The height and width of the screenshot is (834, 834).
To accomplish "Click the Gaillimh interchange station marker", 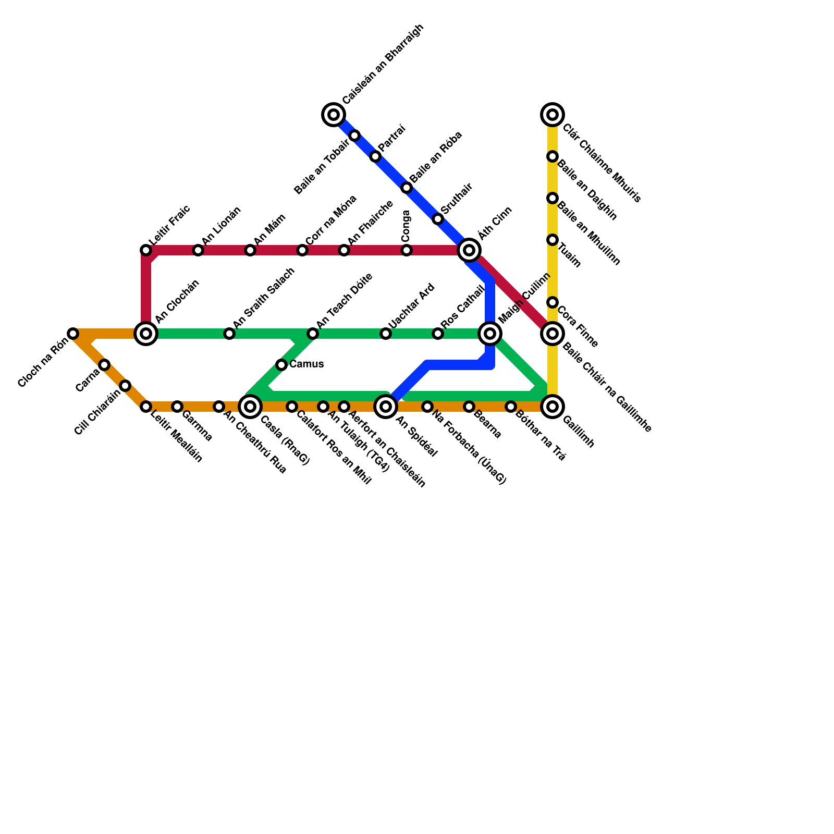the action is [553, 407].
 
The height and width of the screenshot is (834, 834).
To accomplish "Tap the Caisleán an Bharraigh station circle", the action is [334, 115].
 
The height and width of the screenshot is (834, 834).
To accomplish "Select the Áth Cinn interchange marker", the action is [469, 250].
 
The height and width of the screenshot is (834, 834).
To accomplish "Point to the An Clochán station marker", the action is [146, 334].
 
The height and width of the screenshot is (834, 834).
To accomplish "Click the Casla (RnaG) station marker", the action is [250, 407].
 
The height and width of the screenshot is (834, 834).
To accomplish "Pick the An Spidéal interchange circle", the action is [386, 407].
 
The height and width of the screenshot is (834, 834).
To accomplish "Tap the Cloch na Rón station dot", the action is [73, 334].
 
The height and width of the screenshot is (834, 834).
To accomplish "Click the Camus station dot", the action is [281, 365].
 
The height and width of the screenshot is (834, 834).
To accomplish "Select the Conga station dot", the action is [407, 250].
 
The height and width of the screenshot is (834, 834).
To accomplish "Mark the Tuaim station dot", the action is [553, 240].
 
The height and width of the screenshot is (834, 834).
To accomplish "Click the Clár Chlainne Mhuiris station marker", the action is [553, 115].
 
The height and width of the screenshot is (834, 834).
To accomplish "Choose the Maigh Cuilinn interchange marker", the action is [490, 334].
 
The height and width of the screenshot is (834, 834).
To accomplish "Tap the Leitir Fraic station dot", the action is [146, 250].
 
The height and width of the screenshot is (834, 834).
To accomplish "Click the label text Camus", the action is [306, 364].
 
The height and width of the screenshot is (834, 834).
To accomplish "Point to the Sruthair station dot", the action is [438, 219].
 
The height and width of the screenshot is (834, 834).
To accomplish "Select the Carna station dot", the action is [104, 365].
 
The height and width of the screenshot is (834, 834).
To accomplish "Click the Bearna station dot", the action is [469, 407].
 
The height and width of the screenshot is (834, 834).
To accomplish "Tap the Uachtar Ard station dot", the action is [386, 334].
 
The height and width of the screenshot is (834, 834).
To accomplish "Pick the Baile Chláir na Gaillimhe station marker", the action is [553, 334].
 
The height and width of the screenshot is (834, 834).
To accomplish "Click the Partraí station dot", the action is [375, 156].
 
